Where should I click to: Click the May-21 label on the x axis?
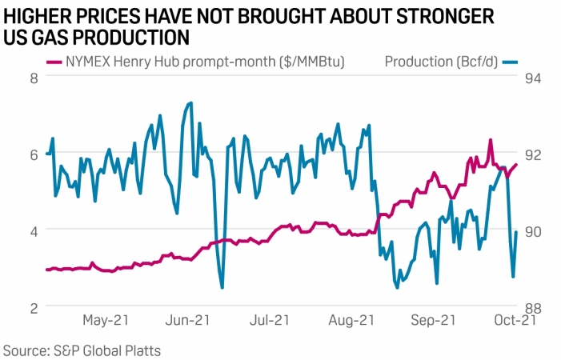coord(106,321)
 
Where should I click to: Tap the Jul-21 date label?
coord(270,321)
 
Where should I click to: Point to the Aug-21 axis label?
coord(352,321)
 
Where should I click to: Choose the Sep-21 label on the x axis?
coord(434,321)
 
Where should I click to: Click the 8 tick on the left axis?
coord(34,78)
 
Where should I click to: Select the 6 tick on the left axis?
coord(34,154)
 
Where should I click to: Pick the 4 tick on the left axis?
coord(34,230)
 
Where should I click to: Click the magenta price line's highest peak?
coord(490,140)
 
